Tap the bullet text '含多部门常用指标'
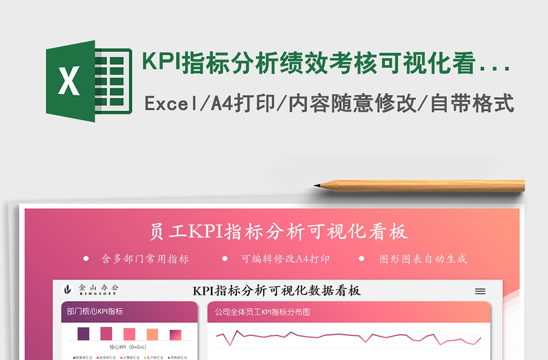[145, 259]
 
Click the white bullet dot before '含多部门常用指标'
[86, 259]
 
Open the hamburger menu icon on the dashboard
[480, 291]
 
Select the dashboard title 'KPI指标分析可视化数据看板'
[277, 291]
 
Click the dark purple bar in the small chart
[84, 334]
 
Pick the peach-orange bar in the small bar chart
[152, 335]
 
